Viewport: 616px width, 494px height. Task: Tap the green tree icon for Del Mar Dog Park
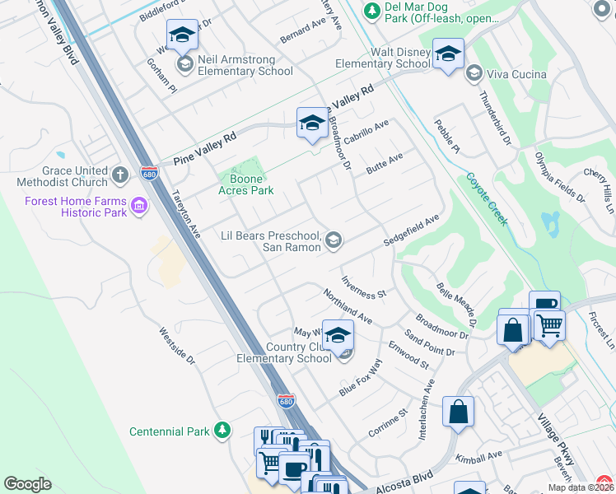pos(372,10)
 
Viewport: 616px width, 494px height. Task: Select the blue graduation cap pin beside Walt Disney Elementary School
pos(448,55)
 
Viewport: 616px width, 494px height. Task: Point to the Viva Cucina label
pos(516,75)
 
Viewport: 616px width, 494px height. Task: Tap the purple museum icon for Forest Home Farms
pos(138,205)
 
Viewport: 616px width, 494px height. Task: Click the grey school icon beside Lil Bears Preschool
pos(334,240)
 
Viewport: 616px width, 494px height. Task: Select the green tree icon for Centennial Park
pos(222,430)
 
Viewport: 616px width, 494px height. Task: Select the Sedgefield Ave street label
pos(411,231)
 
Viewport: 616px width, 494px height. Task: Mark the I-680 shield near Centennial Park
pos(285,402)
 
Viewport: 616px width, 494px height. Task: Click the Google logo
pos(27,484)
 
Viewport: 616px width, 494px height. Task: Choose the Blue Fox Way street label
pos(361,379)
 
